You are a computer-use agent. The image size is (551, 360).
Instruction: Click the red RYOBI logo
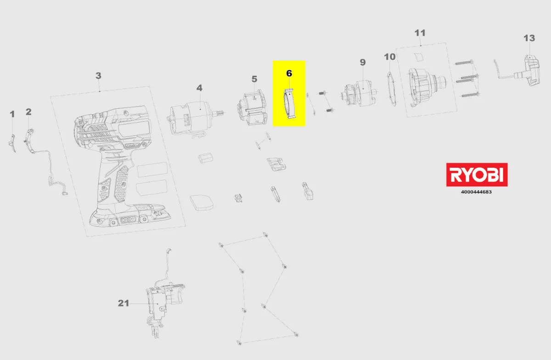(477, 174)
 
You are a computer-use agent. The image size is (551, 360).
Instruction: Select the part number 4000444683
(476, 192)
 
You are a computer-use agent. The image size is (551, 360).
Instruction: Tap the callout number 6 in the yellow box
(289, 73)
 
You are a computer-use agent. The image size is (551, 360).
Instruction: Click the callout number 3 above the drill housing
(98, 76)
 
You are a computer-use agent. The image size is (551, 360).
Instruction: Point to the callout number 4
(199, 88)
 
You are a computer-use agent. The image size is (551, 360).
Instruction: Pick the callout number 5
(254, 79)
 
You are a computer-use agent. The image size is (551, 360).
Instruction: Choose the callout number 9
(363, 62)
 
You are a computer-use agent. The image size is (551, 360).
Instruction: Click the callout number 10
(390, 57)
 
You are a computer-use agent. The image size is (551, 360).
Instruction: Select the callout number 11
(420, 33)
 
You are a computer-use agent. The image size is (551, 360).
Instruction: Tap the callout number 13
(529, 38)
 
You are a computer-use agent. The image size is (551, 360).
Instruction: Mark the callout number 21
(124, 303)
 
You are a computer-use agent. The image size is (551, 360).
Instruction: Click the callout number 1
(12, 114)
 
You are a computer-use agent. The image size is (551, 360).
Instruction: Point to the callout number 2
(28, 112)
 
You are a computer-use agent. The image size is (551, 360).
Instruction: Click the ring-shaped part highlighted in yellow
(290, 104)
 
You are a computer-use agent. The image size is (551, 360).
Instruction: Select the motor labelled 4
(194, 118)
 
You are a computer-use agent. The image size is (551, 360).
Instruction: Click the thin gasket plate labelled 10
(392, 89)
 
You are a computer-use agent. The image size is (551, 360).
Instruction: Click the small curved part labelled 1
(12, 143)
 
